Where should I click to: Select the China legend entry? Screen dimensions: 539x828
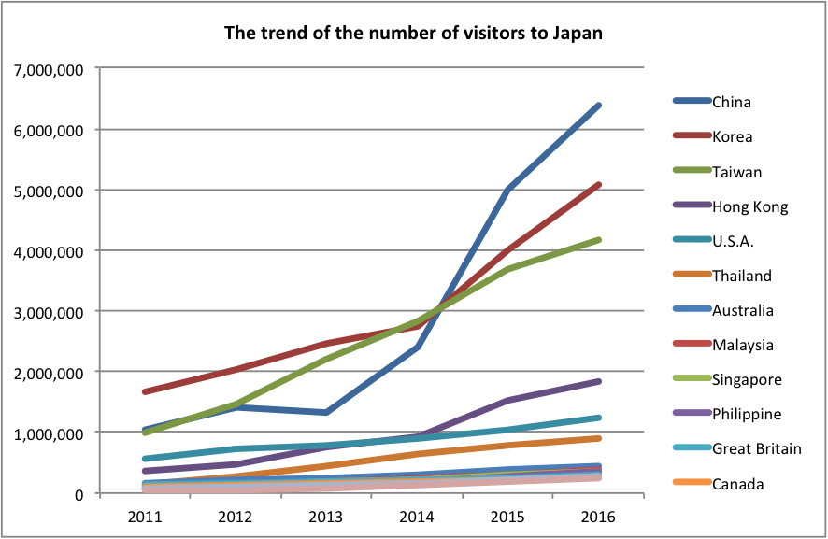tap(732, 102)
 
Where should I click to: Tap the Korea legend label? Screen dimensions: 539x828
tap(733, 137)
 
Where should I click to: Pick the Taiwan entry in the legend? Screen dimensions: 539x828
tap(736, 172)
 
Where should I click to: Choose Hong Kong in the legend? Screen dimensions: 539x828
tap(750, 206)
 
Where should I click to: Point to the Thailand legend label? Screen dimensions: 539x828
tap(742, 276)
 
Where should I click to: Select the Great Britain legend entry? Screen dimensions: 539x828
tap(757, 448)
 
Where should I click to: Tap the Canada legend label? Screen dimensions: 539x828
tap(737, 484)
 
